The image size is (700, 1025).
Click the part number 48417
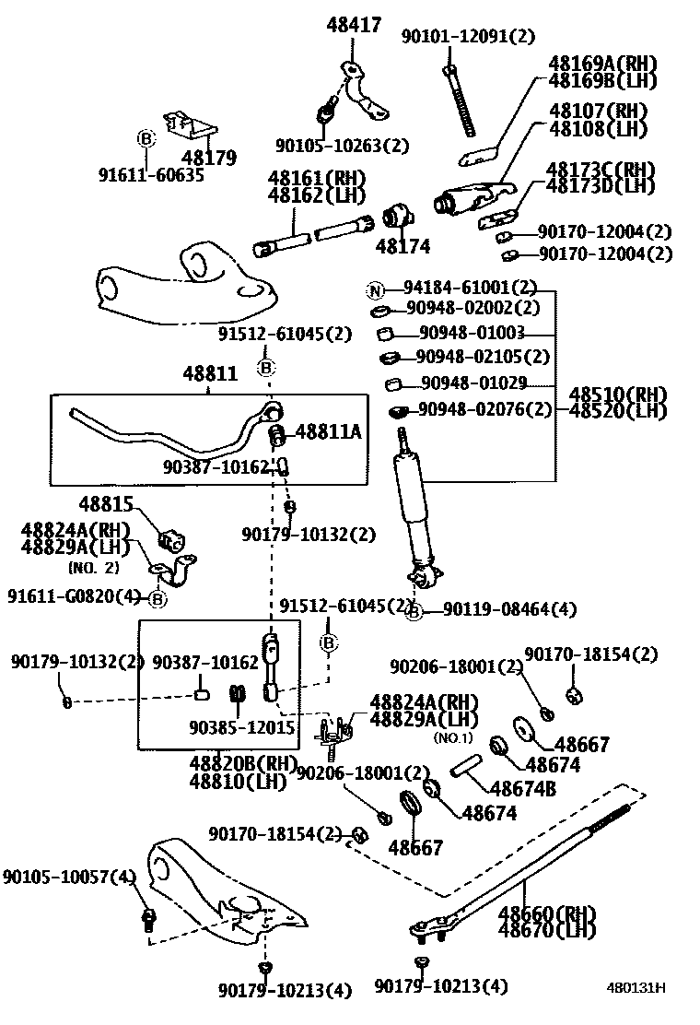(x=353, y=26)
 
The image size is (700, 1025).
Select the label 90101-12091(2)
(x=467, y=36)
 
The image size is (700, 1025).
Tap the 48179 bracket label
(x=209, y=158)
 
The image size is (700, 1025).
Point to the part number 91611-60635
(x=151, y=174)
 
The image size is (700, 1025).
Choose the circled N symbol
(x=375, y=290)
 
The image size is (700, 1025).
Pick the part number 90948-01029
(x=472, y=382)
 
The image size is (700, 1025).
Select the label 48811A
(x=328, y=431)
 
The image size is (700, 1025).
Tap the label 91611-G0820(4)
(x=75, y=597)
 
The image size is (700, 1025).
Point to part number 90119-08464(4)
(x=509, y=609)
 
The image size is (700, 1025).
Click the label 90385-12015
(x=241, y=727)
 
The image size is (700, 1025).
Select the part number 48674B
(x=522, y=789)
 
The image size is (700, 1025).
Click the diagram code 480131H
(x=636, y=988)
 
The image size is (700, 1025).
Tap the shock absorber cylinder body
(x=412, y=506)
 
